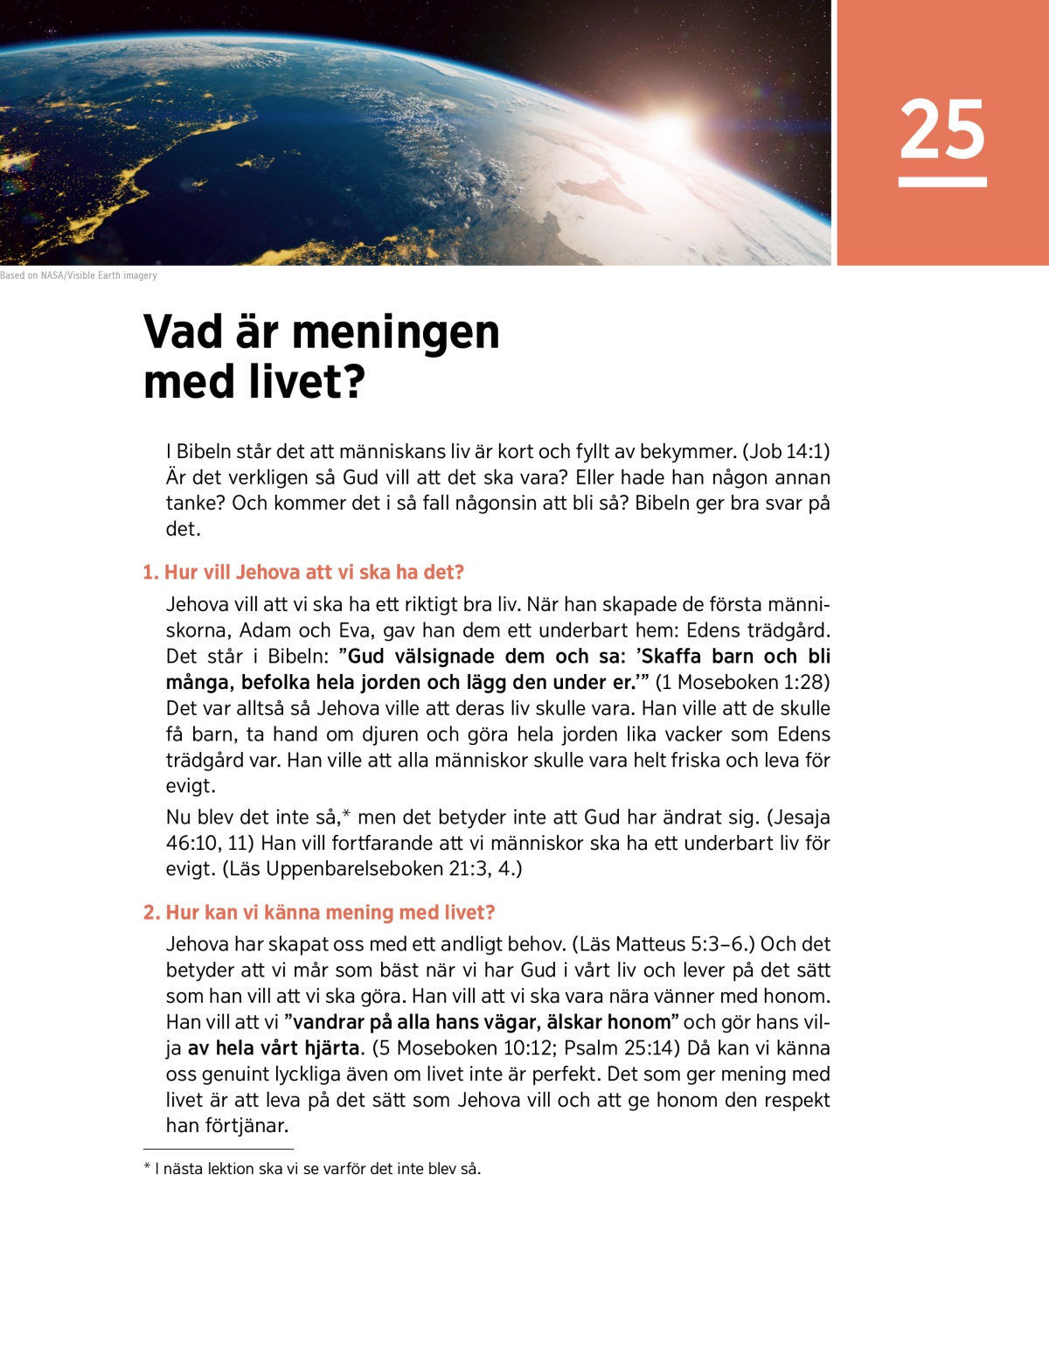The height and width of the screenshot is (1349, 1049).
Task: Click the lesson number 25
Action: (x=942, y=129)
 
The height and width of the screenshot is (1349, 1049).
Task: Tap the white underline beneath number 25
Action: (x=942, y=182)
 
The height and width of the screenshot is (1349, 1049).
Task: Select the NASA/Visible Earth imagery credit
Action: (x=79, y=275)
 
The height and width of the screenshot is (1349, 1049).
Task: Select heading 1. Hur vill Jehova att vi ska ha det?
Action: (x=303, y=573)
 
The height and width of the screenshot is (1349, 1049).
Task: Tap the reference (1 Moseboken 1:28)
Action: (x=742, y=683)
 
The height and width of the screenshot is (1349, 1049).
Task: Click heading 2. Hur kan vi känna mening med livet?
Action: (x=319, y=913)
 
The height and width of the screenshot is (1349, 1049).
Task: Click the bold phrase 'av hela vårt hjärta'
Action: (x=274, y=1048)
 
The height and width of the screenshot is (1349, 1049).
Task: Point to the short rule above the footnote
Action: (x=219, y=1150)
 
